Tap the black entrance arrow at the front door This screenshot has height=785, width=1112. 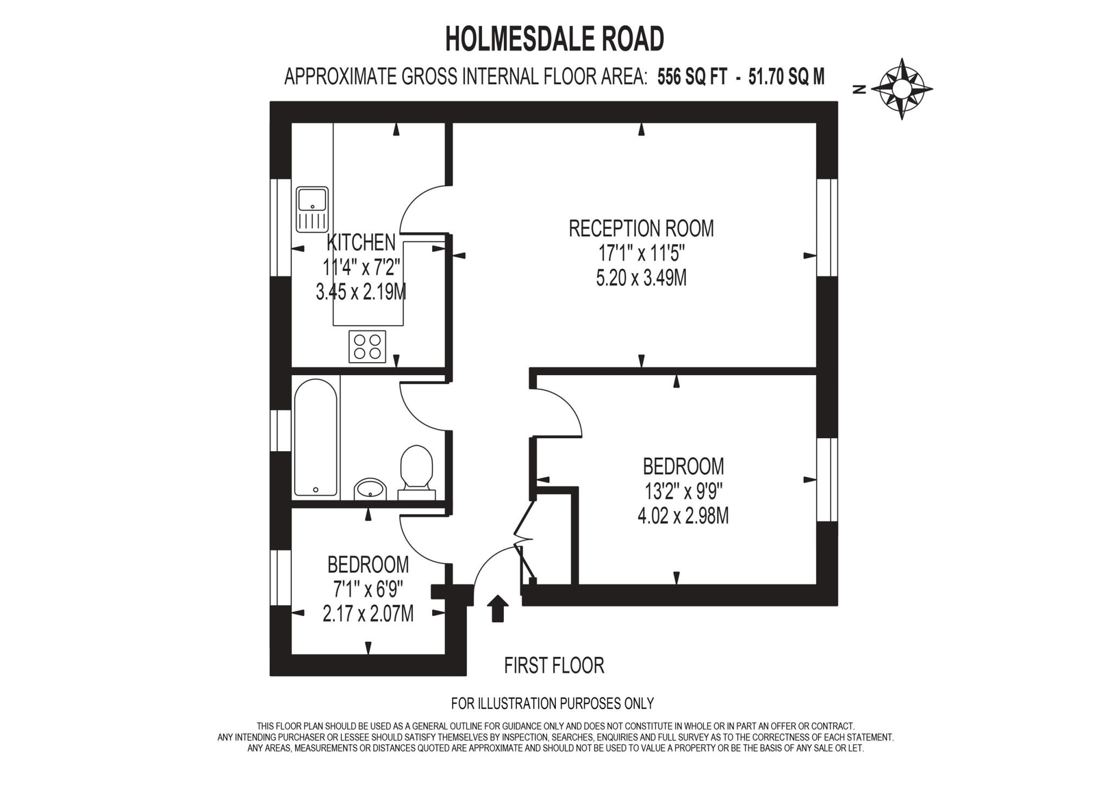coord(497,608)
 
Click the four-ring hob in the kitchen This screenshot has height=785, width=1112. coord(367,346)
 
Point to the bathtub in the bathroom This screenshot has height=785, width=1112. coord(315,438)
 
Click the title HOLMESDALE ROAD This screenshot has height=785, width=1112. coord(554,39)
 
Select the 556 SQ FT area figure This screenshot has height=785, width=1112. coord(692,77)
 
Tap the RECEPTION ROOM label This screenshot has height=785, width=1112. coord(641,229)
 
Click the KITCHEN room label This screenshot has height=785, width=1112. coord(361,242)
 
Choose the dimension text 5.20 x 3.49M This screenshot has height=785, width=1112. coord(641,278)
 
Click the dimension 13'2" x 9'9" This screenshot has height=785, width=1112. coord(683,492)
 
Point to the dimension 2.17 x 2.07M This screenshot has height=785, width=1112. coord(368,613)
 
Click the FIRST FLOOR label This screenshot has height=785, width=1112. coord(554,666)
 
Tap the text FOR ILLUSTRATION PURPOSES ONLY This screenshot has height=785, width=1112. coord(552,704)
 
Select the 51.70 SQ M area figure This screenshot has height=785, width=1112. coord(786,77)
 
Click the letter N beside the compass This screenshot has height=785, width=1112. coord(859,90)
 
